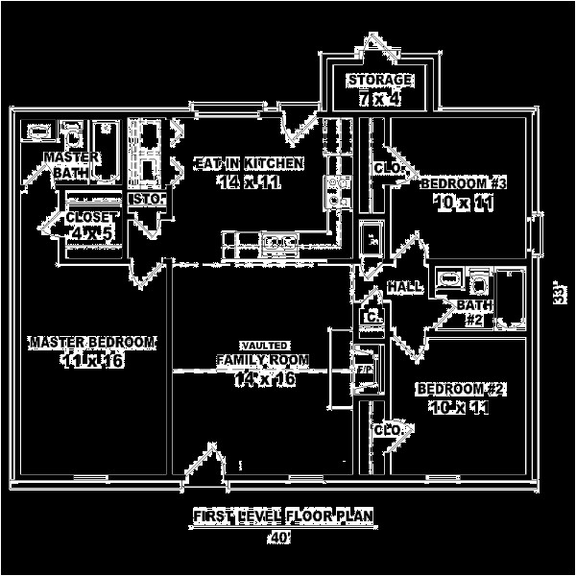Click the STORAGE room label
380,79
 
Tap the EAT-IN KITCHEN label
249,163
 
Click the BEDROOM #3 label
463,182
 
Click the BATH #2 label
474,311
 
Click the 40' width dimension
280,538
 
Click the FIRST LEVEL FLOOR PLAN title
280,517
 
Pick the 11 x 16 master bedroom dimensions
92,361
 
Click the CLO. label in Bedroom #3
387,168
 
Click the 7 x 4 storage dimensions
380,99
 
